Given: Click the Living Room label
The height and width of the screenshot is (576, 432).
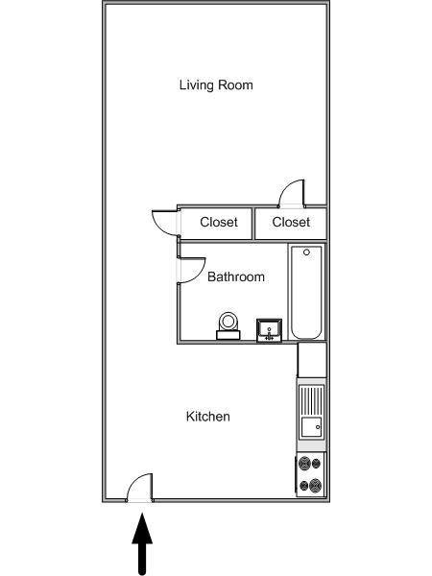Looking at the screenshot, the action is (x=216, y=85).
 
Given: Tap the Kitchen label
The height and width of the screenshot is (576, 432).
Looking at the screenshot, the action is (x=208, y=417).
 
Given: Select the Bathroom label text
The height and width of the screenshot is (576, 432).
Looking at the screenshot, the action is (x=236, y=276).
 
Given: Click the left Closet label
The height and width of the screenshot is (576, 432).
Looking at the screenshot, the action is (x=219, y=222).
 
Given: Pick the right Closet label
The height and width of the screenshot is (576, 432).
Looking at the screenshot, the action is (x=291, y=222).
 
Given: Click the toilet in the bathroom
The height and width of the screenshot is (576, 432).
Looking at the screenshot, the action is (x=228, y=325).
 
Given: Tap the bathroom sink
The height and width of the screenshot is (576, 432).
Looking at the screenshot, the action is (x=269, y=330).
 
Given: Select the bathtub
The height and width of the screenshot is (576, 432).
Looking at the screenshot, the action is (x=306, y=293).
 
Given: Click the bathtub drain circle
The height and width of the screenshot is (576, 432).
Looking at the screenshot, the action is (x=307, y=252).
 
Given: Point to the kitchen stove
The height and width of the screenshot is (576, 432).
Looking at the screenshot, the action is (x=310, y=474).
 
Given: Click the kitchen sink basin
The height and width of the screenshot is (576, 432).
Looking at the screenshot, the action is (x=311, y=426).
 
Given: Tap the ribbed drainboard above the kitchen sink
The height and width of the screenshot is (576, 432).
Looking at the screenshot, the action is (x=311, y=399).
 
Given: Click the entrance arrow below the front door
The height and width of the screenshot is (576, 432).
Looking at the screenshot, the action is (x=142, y=544).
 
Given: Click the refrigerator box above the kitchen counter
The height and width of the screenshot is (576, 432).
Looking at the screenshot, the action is (x=312, y=360).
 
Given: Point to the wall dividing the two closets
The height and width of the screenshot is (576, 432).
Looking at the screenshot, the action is (x=253, y=224).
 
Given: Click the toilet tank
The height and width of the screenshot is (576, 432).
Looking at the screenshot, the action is (x=228, y=335).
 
